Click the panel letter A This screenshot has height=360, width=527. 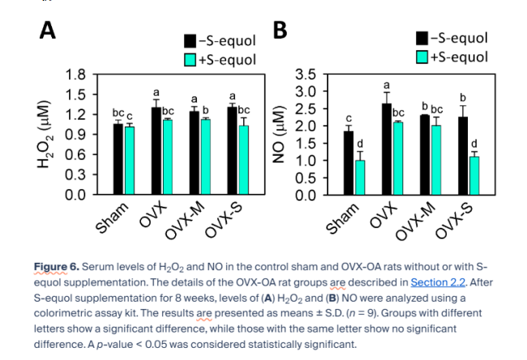click(48, 30)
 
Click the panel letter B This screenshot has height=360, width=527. click(281, 30)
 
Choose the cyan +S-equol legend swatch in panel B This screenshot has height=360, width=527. click(422, 57)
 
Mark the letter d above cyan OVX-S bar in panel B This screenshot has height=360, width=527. click(474, 144)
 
